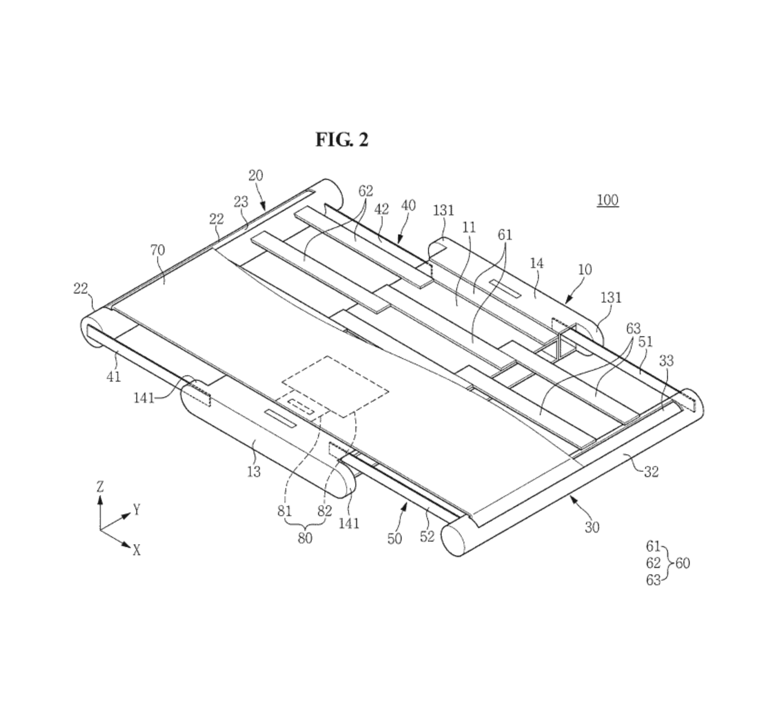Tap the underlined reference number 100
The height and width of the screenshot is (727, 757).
coord(608,200)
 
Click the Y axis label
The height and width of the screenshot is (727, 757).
coord(136,510)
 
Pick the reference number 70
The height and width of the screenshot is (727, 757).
coord(158,250)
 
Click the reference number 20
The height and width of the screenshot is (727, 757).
coord(255,176)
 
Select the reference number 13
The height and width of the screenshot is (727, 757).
coord(254,472)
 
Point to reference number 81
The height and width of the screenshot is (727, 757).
coord(284,511)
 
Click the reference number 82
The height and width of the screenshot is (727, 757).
coord(325,511)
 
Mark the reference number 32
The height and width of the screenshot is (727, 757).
coord(651,472)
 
